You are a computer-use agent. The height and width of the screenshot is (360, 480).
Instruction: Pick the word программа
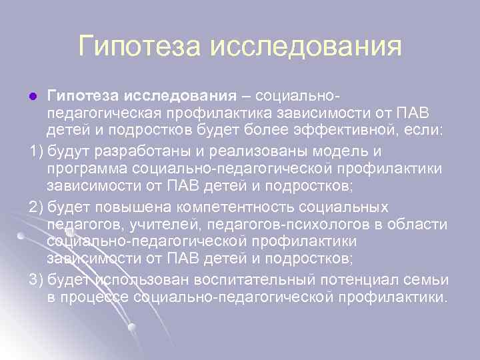tap(87, 166)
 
